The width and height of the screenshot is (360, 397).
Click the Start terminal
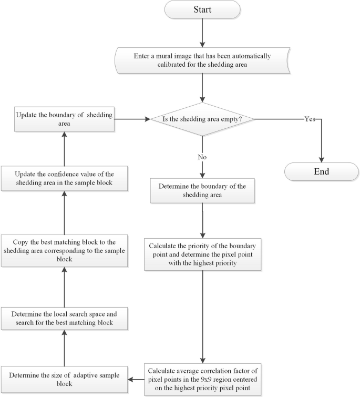(202, 10)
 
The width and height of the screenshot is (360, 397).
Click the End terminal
(321, 171)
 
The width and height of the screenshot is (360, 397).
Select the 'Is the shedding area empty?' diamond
(202, 119)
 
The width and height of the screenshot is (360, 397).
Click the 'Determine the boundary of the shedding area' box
(202, 191)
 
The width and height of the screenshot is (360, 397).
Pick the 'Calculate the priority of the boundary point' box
(202, 255)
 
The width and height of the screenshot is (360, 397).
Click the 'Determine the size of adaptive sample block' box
(64, 379)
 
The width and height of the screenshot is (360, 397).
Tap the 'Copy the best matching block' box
(64, 250)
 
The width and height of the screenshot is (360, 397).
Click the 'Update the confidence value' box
(64, 179)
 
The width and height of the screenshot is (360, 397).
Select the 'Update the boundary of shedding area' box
(64, 119)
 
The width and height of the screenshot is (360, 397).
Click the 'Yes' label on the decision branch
(310, 119)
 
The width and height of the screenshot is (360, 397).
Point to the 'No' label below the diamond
(202, 156)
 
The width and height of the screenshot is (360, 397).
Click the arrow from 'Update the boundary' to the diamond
(131, 119)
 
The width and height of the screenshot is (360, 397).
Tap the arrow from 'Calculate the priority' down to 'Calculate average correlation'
(202, 315)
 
